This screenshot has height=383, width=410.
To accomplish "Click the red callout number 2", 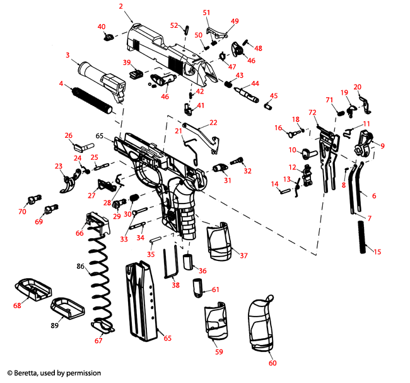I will tap(120, 6).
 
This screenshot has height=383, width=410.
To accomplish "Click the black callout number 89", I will tap(55, 325).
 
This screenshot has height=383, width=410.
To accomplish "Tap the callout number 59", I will tap(219, 352).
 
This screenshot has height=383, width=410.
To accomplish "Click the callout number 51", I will tap(206, 12).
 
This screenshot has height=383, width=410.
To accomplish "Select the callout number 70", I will tap(22, 212).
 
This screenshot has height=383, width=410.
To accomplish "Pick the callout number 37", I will tap(243, 255).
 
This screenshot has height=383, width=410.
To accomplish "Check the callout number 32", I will tap(247, 171).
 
